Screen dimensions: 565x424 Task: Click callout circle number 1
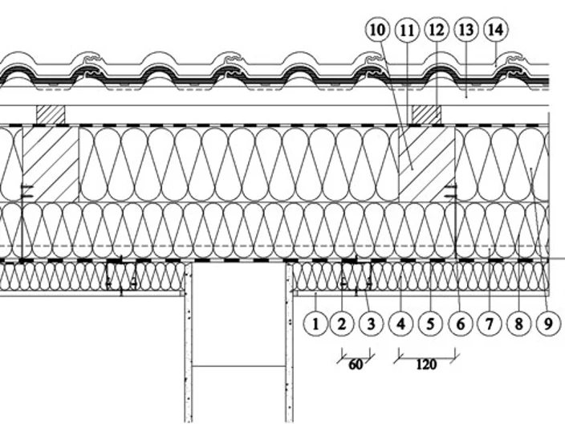coord(315,324)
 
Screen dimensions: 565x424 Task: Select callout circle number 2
coord(342,324)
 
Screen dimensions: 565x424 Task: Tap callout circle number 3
coord(371,324)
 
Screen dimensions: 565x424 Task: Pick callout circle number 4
coord(400,324)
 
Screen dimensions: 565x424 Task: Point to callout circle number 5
coord(430,324)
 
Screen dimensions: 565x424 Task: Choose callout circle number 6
coord(460,324)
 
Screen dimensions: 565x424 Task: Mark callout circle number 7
coord(489,324)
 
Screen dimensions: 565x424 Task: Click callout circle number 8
coord(518,324)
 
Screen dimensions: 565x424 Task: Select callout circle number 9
coord(548,324)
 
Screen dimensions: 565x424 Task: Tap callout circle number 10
coord(378,30)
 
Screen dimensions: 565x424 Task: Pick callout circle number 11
coord(407,31)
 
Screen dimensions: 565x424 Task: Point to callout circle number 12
coord(437,30)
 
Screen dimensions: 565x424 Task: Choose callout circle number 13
coord(466,30)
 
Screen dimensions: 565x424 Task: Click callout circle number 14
coord(496,30)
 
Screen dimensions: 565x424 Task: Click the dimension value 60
coord(356,365)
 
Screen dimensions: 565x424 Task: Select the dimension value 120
coord(426,365)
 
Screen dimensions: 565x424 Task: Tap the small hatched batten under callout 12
coord(427,115)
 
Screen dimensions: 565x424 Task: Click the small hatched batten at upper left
coord(51,115)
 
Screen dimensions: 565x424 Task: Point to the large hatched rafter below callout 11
coord(427,164)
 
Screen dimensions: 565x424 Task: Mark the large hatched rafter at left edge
coord(51,164)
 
